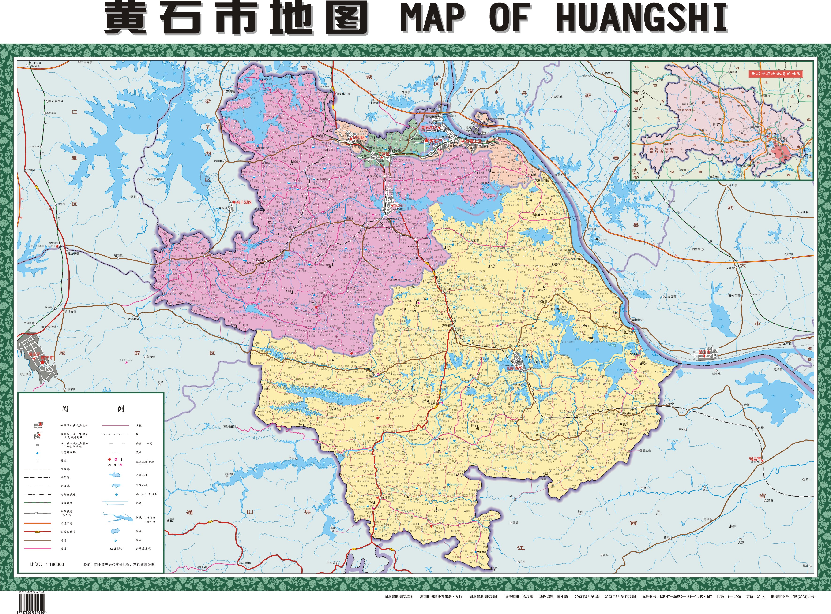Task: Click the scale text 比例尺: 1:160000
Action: (x=47, y=564)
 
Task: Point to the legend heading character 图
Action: (x=65, y=409)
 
